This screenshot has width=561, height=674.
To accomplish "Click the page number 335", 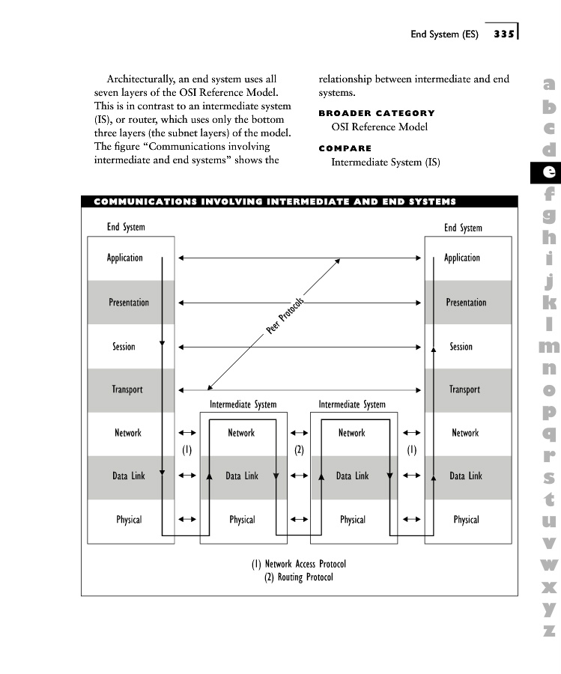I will coord(503,34).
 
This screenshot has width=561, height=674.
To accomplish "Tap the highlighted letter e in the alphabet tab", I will coord(549,171).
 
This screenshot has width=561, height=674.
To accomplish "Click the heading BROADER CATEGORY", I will coord(376,113).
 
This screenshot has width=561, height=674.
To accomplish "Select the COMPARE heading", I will coord(345,148).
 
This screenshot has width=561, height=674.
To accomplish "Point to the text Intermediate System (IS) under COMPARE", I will coord(385,162).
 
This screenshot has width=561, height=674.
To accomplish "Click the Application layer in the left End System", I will coord(124,258).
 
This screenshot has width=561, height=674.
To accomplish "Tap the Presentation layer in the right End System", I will coord(466,303).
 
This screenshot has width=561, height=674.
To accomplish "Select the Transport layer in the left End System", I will coord(127,389).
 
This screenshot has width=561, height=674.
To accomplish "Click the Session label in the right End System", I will coord(461,347).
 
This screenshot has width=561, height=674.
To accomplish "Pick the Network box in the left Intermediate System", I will coord(241,433).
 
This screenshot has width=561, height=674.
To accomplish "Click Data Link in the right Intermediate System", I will coord(352,476).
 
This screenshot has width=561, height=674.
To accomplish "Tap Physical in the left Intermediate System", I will coord(242,520).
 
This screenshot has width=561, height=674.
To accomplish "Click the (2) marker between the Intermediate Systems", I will coord(299,450).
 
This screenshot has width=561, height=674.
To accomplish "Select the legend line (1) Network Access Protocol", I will coord(299,564).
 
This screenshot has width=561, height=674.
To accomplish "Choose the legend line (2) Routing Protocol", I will coord(299,577).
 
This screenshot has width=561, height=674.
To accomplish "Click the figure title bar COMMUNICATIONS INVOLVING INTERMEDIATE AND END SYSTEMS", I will coord(275,201).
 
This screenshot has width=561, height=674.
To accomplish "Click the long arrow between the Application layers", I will coord(300,258).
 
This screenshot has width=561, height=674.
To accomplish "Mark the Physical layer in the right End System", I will coord(466,520).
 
